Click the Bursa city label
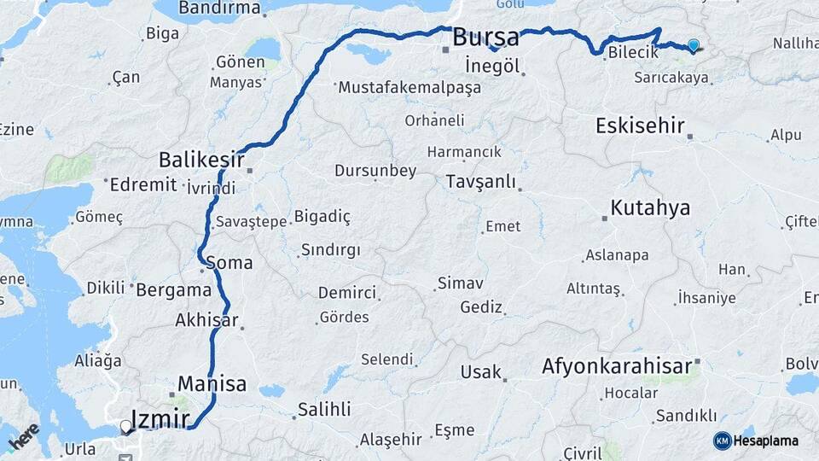point(485,38)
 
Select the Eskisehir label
point(640,126)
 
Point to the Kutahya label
point(650,208)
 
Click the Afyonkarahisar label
point(616,367)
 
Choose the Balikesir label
point(201,160)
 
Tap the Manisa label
point(212,383)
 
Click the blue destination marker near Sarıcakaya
point(693,46)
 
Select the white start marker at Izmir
point(126,425)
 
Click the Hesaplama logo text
point(766,441)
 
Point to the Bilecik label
point(633,53)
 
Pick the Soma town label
point(229,262)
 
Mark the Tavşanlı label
point(482,182)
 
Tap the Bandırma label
point(219,9)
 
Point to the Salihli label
point(323,410)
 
